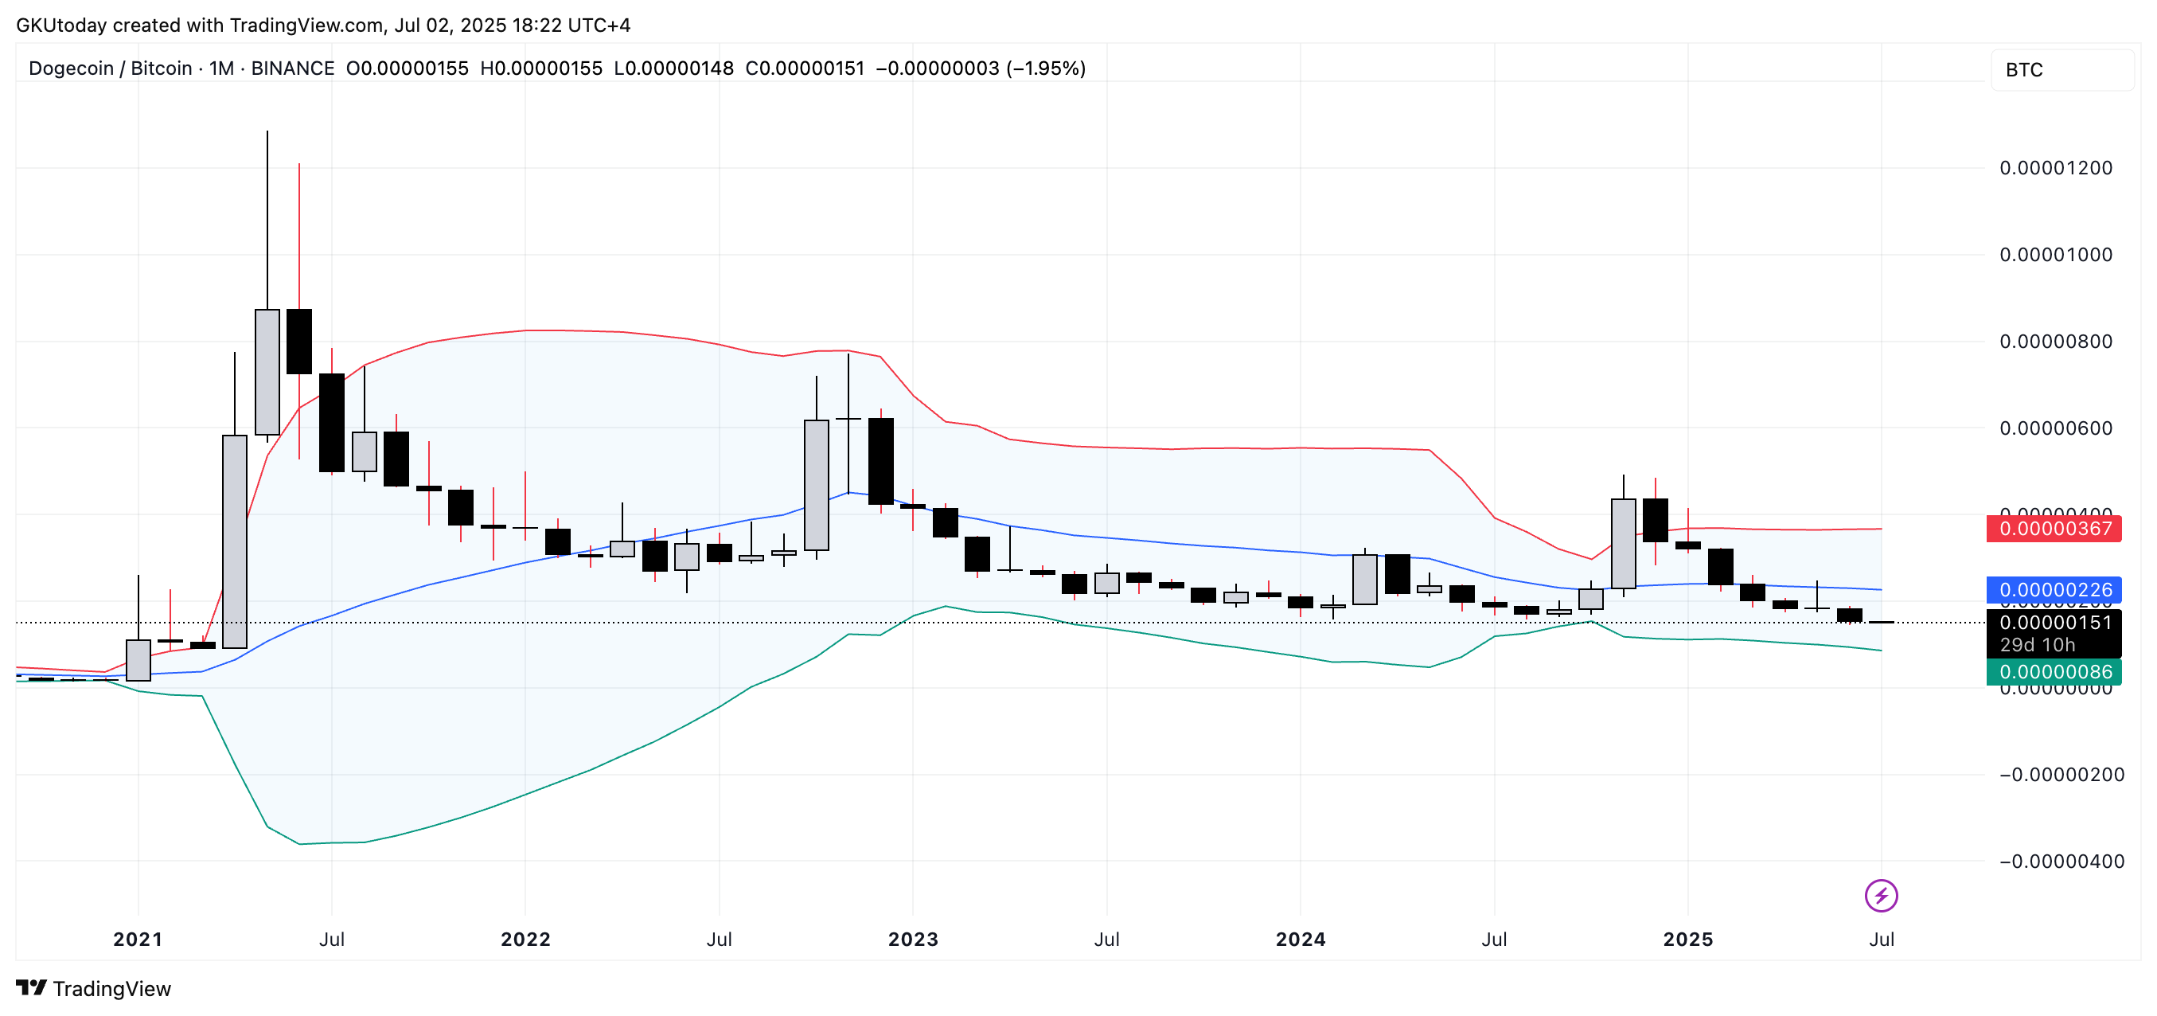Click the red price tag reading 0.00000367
pyautogui.click(x=2054, y=529)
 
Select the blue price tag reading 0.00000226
pyautogui.click(x=2054, y=591)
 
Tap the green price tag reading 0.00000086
pyautogui.click(x=2054, y=673)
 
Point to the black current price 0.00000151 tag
pyautogui.click(x=2054, y=623)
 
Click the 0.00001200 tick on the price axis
pyautogui.click(x=2056, y=168)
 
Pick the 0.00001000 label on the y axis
pyautogui.click(x=2056, y=256)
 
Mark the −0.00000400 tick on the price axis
pyautogui.click(x=2061, y=862)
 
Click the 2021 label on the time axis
pyautogui.click(x=138, y=940)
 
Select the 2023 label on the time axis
pyautogui.click(x=913, y=940)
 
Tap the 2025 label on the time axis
pyautogui.click(x=1687, y=940)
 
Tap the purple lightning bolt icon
pyautogui.click(x=1881, y=897)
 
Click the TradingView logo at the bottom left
pyautogui.click(x=94, y=989)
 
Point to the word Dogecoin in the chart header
pyautogui.click(x=71, y=68)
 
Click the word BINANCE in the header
pyautogui.click(x=292, y=68)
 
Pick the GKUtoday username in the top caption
pyautogui.click(x=61, y=25)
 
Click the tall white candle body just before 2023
pyautogui.click(x=817, y=486)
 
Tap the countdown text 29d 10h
pyautogui.click(x=2038, y=646)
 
